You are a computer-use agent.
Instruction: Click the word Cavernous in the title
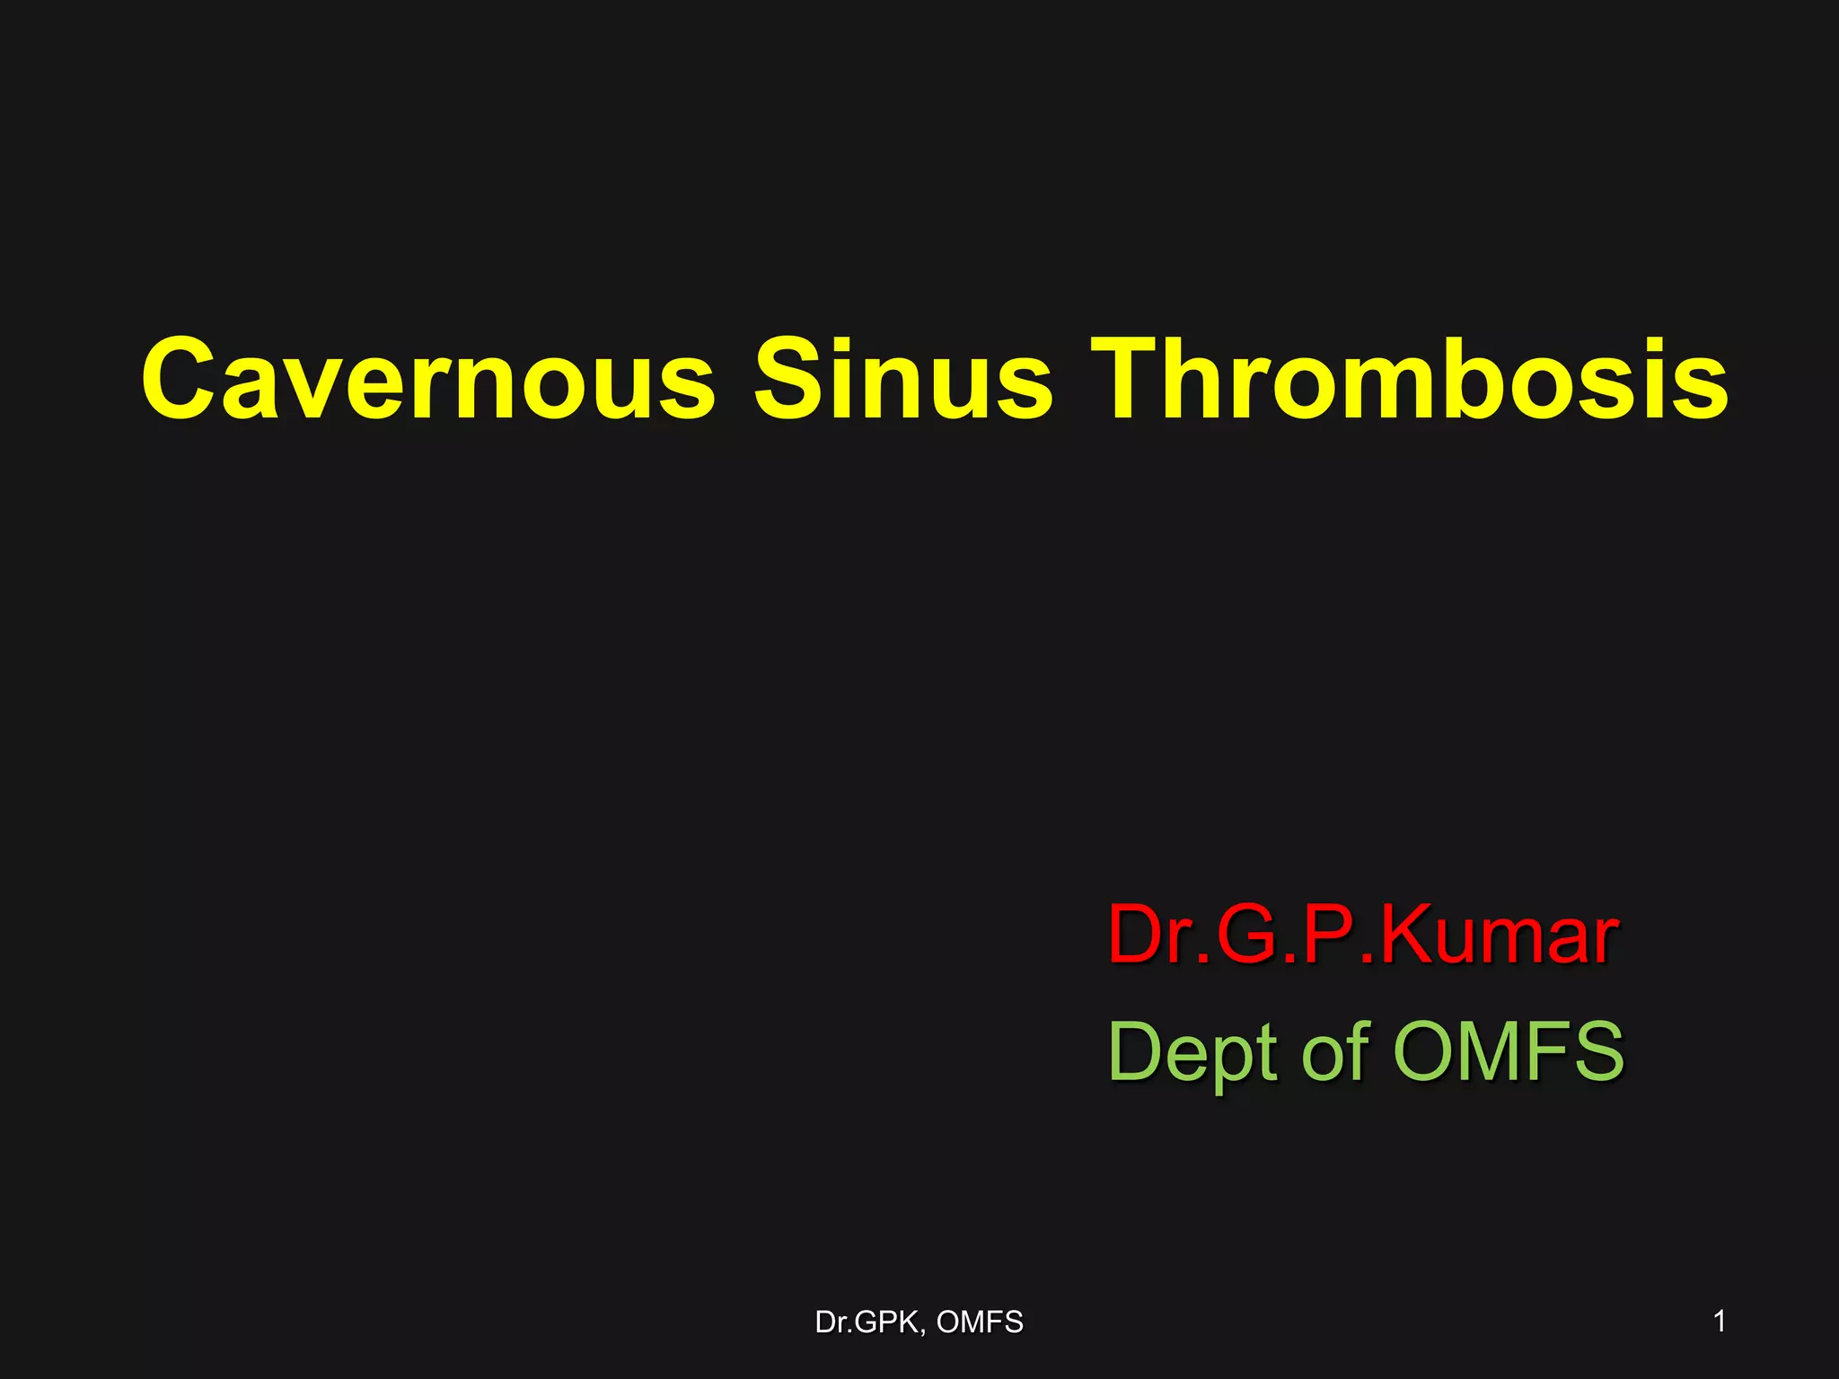(x=428, y=379)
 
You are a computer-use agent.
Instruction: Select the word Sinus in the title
(x=902, y=379)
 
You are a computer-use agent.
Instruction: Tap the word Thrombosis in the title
(x=1414, y=379)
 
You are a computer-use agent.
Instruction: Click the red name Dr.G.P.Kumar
(x=1363, y=935)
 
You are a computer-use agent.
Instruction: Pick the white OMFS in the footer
(x=980, y=1322)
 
